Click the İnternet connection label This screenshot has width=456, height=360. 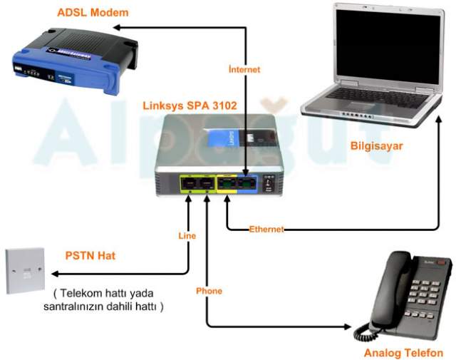tap(244, 70)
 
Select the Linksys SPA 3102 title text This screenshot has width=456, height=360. tap(191, 105)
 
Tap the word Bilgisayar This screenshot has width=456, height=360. tap(377, 146)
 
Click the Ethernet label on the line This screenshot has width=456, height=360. tap(266, 229)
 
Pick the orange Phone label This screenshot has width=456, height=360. tap(209, 291)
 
